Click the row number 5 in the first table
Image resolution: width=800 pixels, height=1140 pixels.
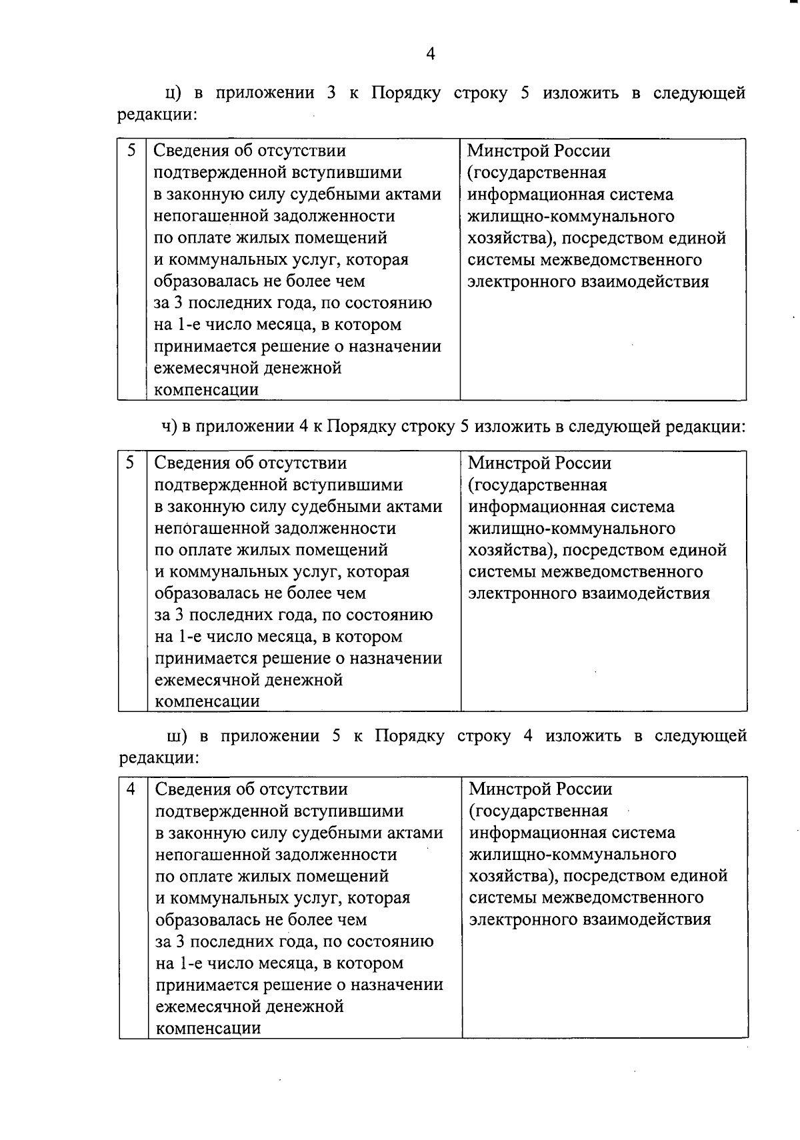(x=132, y=151)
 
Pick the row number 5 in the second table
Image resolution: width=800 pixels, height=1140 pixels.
(x=132, y=463)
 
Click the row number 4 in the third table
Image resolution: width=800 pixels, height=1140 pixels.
(x=132, y=789)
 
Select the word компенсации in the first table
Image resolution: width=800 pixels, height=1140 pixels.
(x=206, y=389)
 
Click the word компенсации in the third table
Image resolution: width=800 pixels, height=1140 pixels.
(x=207, y=1028)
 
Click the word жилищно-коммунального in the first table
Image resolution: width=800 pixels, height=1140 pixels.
(x=571, y=216)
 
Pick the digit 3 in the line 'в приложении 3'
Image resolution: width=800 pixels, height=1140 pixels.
(x=331, y=93)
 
